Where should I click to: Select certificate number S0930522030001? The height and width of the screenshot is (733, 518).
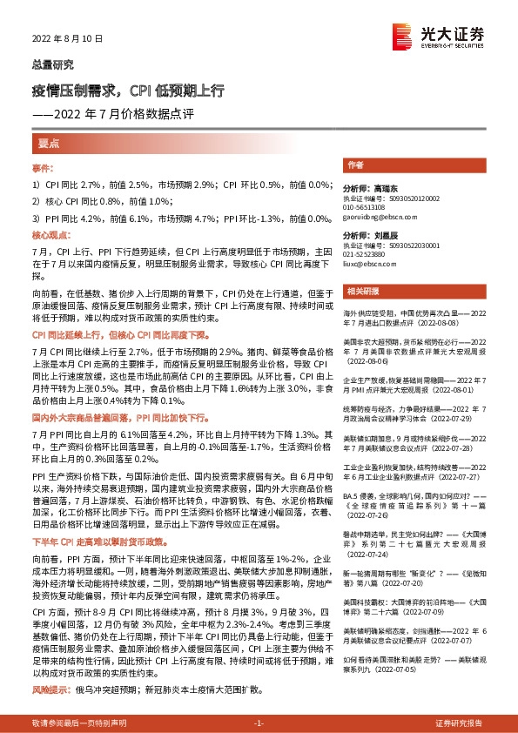(x=417, y=245)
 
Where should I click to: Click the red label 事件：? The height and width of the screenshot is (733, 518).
(x=44, y=167)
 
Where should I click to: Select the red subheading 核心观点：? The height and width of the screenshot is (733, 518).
(x=50, y=235)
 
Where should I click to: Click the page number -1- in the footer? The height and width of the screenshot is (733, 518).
(x=259, y=723)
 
